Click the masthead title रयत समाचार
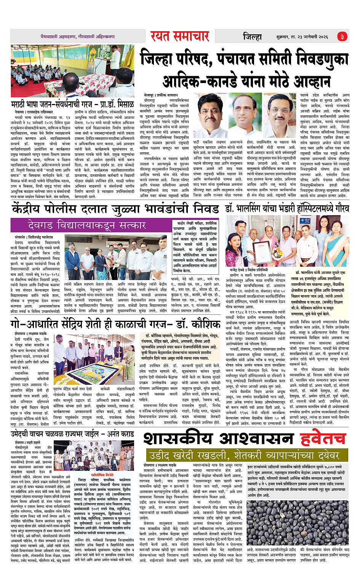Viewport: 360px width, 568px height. coord(180,36)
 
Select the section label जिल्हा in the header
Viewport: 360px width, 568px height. coord(252,37)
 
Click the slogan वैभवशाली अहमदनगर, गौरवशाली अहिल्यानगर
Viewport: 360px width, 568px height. coord(78,37)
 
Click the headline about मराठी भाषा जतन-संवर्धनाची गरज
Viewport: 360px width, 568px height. coord(72,104)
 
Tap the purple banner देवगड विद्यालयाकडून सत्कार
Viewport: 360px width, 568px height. coord(87,226)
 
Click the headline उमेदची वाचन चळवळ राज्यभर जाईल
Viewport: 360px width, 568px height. coord(72,434)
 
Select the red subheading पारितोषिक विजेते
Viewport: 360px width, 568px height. coord(102,475)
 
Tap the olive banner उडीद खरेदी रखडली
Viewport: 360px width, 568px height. coord(244,456)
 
